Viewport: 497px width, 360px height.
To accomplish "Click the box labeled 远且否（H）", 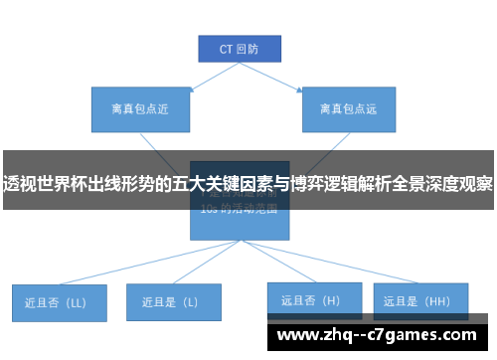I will (x=309, y=299).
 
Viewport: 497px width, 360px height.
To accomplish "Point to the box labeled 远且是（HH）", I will (x=417, y=299).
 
